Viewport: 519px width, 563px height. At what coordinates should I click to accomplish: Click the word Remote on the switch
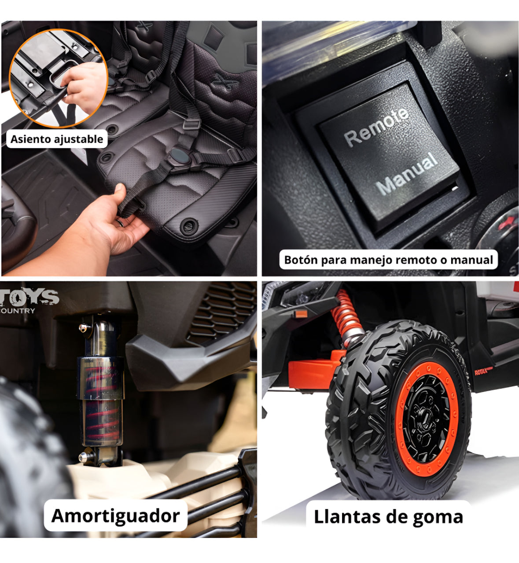[x=376, y=127]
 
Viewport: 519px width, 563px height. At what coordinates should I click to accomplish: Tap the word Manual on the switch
[x=407, y=173]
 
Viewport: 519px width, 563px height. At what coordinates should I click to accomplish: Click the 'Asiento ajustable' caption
[x=57, y=139]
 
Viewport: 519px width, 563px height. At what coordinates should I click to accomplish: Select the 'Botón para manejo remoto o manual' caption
[x=388, y=260]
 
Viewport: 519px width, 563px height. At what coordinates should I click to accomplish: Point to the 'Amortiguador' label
[x=115, y=516]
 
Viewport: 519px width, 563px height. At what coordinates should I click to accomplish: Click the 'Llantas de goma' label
[x=388, y=517]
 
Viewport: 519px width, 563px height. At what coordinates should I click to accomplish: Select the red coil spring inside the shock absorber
[x=102, y=400]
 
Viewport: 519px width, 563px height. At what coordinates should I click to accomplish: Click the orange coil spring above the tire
[x=346, y=314]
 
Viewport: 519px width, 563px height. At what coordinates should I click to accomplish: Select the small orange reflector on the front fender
[x=301, y=314]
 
